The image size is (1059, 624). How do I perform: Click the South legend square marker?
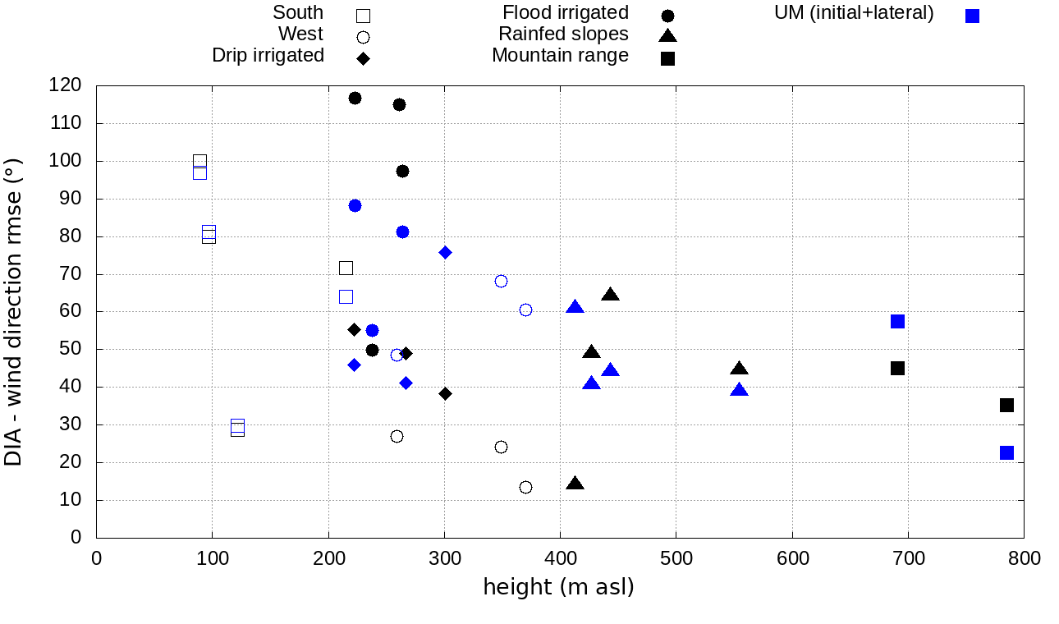[x=363, y=16]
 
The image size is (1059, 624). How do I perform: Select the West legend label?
[x=300, y=34]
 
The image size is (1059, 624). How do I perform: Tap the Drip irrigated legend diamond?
[x=363, y=58]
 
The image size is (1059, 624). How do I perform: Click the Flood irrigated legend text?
[x=566, y=13]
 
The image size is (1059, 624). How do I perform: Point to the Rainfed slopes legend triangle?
[x=667, y=35]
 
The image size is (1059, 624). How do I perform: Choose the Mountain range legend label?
[x=560, y=56]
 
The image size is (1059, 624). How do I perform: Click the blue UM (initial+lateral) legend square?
[x=972, y=16]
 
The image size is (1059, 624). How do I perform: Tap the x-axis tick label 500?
[x=676, y=559]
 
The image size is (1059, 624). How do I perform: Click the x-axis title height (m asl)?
[x=558, y=588]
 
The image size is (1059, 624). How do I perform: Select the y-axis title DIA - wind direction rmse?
[x=13, y=313]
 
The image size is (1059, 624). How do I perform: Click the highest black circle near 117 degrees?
[x=355, y=99]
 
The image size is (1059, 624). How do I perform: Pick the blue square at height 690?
[x=897, y=321]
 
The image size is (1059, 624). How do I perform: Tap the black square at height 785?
[x=1006, y=405]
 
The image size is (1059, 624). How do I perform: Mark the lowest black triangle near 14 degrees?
[x=575, y=484]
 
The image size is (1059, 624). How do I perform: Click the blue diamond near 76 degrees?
[x=445, y=252]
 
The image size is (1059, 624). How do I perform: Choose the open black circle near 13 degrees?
[x=525, y=487]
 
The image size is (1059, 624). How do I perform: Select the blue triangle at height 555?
[x=740, y=390]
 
